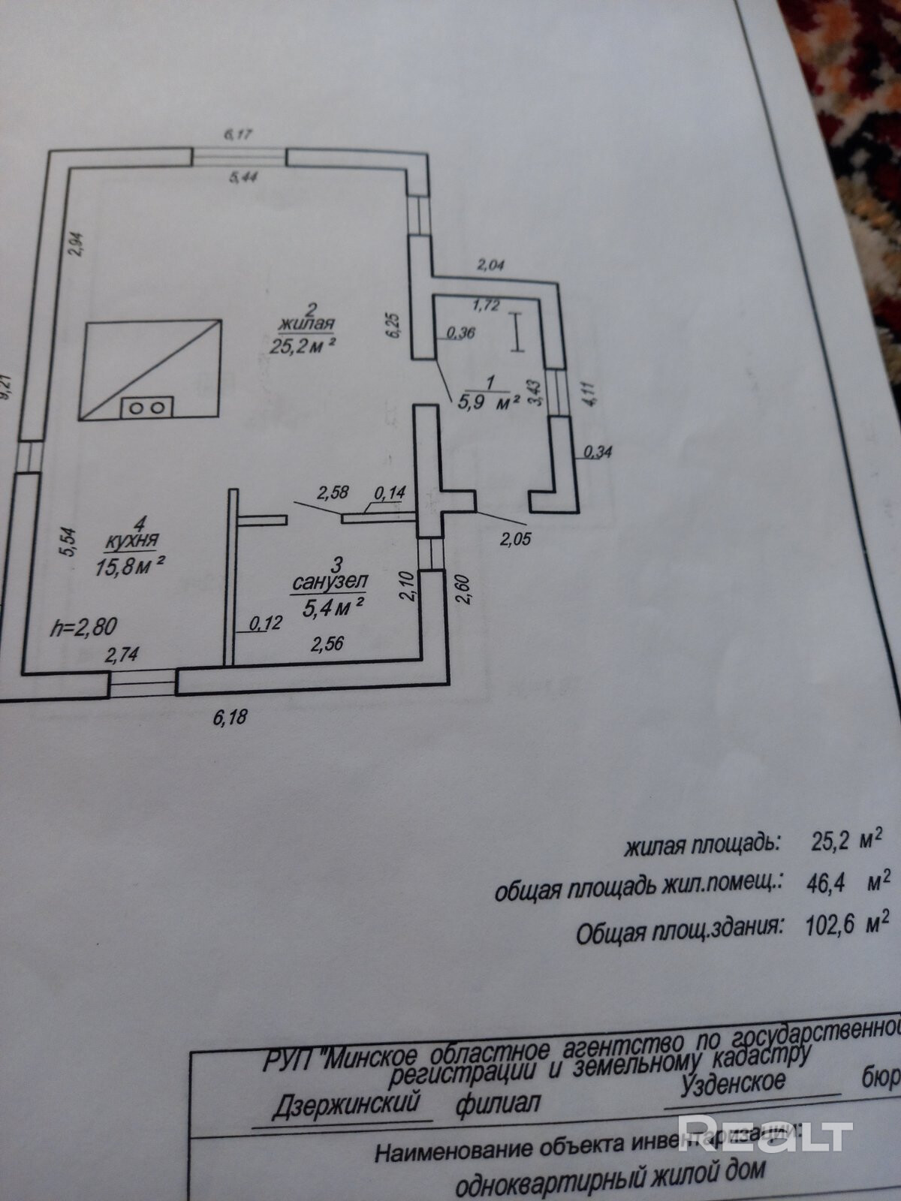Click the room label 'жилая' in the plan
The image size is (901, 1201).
click(x=307, y=325)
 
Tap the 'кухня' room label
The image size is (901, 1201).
click(x=132, y=539)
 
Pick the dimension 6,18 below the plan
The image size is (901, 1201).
click(x=230, y=718)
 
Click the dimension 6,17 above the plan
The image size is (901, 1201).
click(x=238, y=134)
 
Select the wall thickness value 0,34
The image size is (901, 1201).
click(x=598, y=452)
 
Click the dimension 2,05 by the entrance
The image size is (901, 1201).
click(x=515, y=537)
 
